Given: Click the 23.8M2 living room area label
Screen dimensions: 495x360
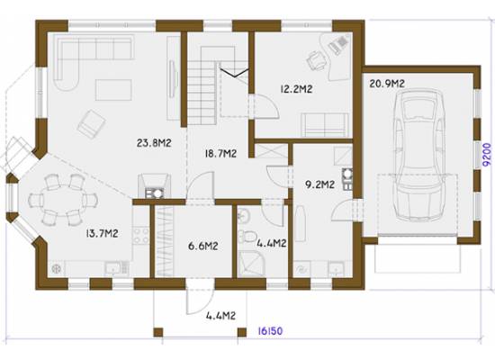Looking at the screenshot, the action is [154, 143].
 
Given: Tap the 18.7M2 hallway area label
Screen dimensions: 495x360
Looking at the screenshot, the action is [220, 154].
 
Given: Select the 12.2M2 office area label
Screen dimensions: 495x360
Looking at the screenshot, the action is [296, 89].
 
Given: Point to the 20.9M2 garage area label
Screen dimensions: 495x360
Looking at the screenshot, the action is [387, 84].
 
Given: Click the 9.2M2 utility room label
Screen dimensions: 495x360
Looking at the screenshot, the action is [320, 184].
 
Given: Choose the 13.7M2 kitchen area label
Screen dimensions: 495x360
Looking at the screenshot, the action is [102, 234].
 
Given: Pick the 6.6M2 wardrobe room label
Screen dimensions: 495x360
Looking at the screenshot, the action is [203, 246].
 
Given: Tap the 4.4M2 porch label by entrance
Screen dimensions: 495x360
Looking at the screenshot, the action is [221, 316].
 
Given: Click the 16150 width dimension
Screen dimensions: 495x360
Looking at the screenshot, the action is [270, 331].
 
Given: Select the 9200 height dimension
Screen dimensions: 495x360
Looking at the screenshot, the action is [488, 155].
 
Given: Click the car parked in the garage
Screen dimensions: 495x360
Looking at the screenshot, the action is [418, 155].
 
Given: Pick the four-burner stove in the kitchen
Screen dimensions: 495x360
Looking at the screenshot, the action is [140, 236].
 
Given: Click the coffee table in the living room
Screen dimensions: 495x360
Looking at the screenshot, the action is [113, 90].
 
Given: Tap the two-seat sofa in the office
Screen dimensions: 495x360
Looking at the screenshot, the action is [325, 125].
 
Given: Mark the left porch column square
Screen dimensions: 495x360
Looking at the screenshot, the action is [158, 332].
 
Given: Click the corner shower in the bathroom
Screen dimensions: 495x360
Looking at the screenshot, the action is [251, 264].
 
